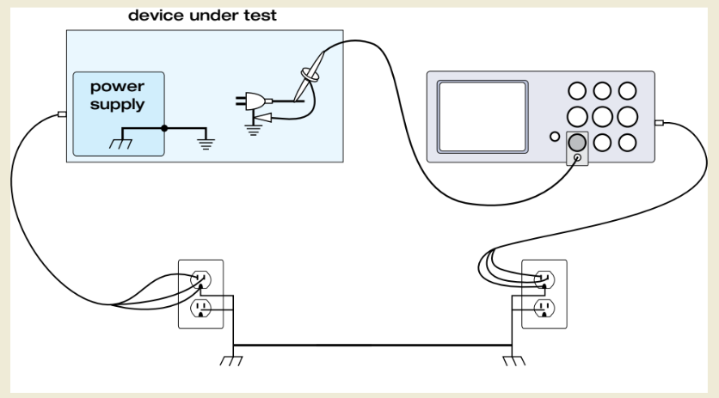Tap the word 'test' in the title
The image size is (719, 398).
tap(260, 15)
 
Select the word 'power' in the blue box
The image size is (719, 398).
tap(117, 87)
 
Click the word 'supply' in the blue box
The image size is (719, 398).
tap(117, 105)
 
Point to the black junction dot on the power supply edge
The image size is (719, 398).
tap(164, 128)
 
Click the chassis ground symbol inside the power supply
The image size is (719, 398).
tap(121, 144)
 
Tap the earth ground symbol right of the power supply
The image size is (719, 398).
tap(206, 144)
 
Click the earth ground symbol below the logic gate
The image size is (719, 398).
tap(253, 130)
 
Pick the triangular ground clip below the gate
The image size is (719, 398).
tap(263, 119)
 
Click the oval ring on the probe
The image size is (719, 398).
tap(310, 75)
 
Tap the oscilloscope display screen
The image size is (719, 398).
tap(482, 116)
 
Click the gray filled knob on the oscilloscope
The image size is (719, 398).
tap(577, 143)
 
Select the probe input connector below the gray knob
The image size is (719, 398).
tap(578, 157)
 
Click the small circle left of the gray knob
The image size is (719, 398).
tap(555, 136)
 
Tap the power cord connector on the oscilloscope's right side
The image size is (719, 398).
tap(659, 122)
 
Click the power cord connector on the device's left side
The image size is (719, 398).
tap(62, 114)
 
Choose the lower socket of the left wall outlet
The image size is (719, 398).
tap(201, 308)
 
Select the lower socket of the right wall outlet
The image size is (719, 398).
tap(544, 308)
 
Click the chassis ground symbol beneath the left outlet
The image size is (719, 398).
tap(231, 361)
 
